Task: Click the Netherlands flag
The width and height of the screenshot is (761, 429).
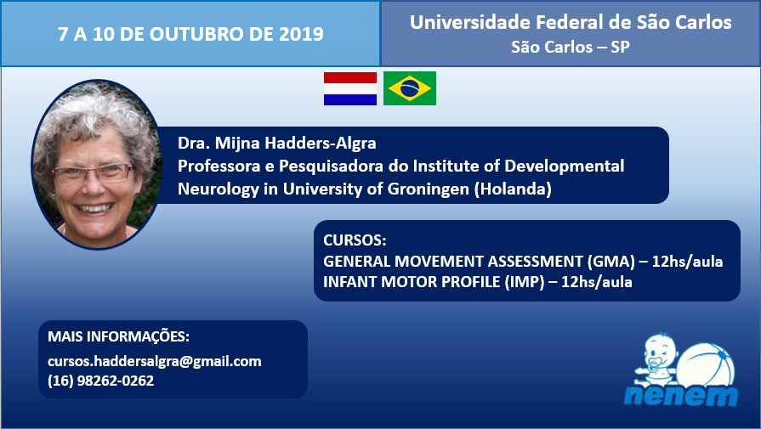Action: [350, 88]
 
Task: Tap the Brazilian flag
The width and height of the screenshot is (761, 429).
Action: [410, 88]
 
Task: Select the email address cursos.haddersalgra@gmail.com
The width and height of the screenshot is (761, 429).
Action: [155, 362]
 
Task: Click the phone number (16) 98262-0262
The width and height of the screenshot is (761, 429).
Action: [101, 381]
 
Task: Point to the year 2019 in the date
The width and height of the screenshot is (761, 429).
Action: [301, 34]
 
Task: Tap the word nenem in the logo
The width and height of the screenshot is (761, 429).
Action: [681, 395]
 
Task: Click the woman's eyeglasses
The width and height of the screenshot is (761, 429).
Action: [92, 172]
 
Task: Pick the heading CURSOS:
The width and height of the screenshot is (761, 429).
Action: [355, 240]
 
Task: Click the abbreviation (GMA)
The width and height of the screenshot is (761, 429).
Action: [611, 262]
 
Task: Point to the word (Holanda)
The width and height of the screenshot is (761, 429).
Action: [513, 189]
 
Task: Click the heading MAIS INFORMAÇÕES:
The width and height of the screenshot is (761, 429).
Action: [118, 336]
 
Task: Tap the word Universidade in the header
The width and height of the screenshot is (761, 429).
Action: [470, 22]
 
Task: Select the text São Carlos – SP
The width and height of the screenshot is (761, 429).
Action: [571, 47]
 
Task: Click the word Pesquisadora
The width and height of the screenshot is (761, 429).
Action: [332, 167]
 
